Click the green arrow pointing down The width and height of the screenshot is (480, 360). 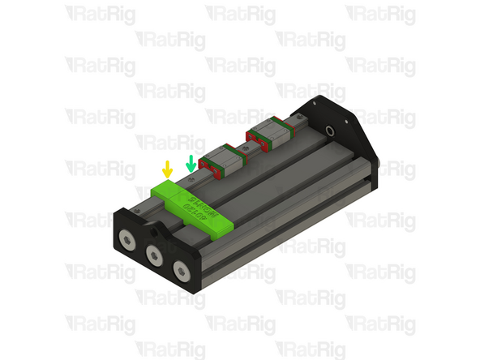[x=191, y=162]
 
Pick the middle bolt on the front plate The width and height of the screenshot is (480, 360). [x=154, y=255]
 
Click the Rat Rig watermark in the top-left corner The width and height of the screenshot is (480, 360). [x=100, y=14]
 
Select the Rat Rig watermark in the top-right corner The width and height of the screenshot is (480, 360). [x=380, y=14]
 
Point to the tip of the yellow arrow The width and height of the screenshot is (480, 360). [x=167, y=177]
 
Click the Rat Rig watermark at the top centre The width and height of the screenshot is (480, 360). [x=240, y=14]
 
